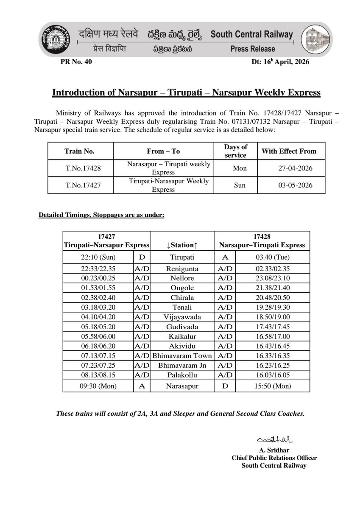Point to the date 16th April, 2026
280,62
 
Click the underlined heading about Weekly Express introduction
186,93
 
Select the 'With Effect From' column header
289,151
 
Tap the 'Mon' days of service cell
240,168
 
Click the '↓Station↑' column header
182,245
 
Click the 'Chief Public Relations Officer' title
274,458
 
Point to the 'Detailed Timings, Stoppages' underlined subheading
101,215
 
